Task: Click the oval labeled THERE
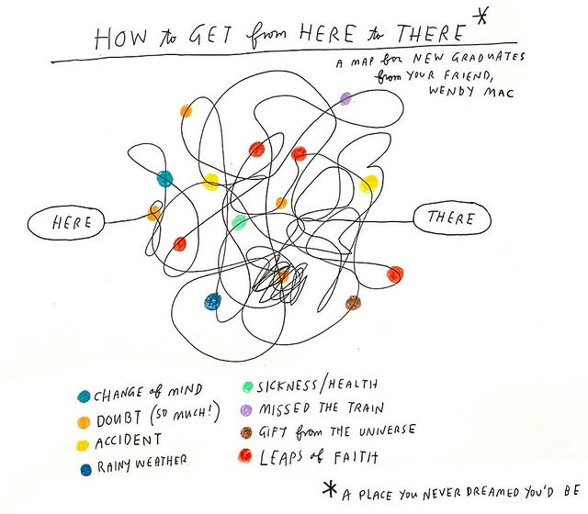(451, 218)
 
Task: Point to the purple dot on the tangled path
(345, 97)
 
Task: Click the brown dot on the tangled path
(351, 302)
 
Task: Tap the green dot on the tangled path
(239, 222)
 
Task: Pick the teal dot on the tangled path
(164, 178)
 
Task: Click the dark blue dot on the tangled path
(212, 300)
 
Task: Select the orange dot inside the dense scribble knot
(283, 274)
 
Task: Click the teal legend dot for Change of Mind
(84, 397)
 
